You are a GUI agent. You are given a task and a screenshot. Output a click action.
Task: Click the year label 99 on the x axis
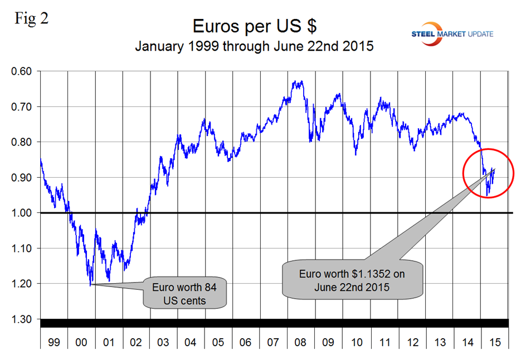point(53,340)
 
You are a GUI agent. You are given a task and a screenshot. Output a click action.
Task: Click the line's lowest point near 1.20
point(90,285)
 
